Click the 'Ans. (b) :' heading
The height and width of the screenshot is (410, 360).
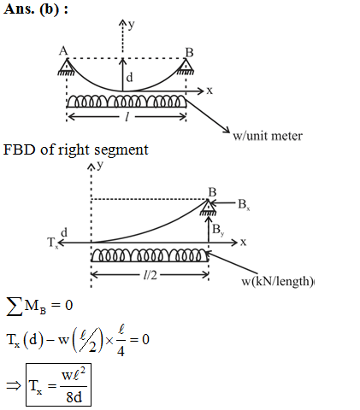pos(36,9)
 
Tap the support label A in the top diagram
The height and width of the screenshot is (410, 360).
pos(63,51)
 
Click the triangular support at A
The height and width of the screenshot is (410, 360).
pos(67,67)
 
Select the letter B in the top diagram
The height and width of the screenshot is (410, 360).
pos(190,53)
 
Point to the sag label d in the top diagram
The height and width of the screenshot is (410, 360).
pos(129,78)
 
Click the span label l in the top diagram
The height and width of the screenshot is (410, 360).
pos(127,116)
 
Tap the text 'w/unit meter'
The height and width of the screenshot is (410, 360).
pos(268,136)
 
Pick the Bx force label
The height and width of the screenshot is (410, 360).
pos(245,204)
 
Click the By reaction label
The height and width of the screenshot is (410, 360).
pos(218,230)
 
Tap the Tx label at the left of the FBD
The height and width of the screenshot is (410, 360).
pos(53,243)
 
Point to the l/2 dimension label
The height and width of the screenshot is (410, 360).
pos(150,275)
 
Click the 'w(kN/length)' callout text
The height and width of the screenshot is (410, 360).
pos(277,281)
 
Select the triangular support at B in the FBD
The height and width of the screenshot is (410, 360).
pos(209,208)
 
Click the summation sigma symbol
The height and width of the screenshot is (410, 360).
pos(15,307)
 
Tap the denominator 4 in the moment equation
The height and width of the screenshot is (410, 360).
pos(121,350)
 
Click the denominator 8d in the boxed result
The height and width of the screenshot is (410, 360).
pos(74,397)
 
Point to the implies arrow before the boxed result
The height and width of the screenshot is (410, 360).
pos(14,386)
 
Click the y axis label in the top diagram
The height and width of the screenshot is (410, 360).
pos(131,25)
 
